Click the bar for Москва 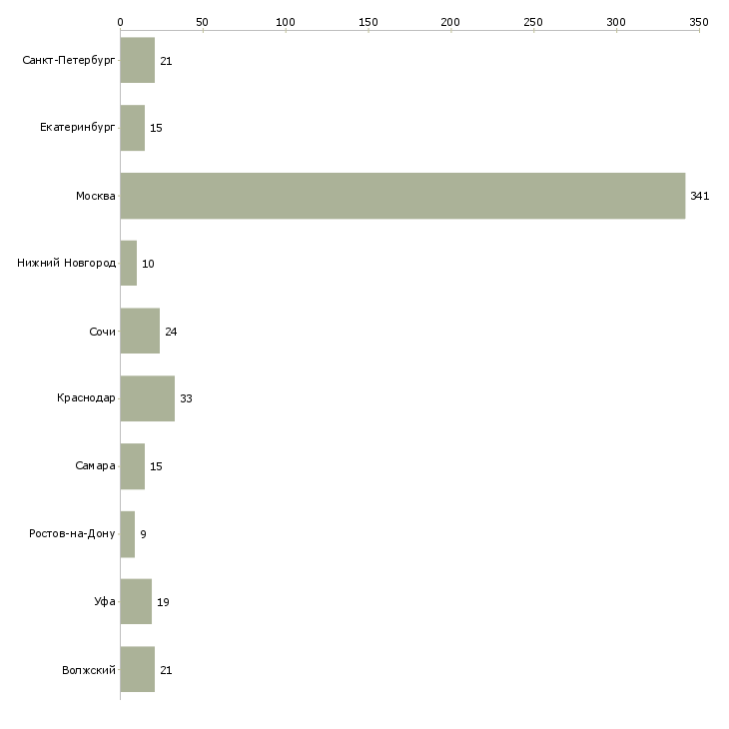coord(402,196)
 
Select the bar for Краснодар coord(148,398)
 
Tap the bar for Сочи coord(140,331)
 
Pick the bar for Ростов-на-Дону coord(128,534)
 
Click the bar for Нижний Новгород coord(128,264)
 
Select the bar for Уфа coord(136,601)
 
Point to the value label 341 coord(700,196)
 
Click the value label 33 coord(186,398)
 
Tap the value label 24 coord(171,332)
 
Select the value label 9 coord(143,534)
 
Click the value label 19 coord(163,602)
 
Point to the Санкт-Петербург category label coord(69,61)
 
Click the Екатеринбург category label coord(77,128)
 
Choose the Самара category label coord(95,465)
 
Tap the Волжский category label coord(89,670)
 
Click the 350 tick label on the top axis coord(699,22)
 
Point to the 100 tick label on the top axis coord(286,22)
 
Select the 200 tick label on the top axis coord(450,22)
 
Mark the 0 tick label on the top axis coord(121,22)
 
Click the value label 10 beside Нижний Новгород coord(148,264)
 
